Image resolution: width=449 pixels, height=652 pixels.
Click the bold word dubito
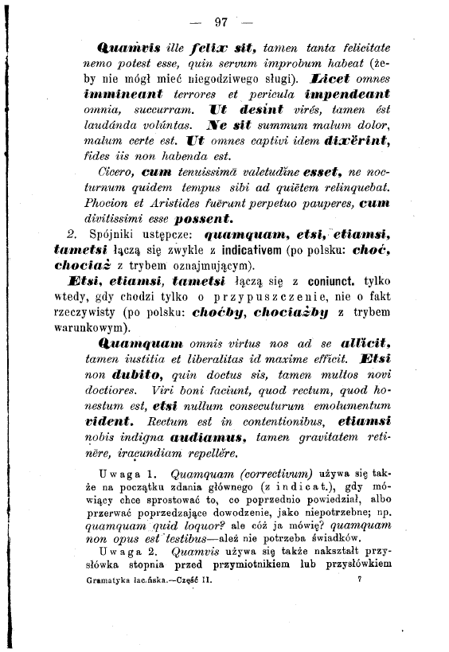pyautogui.click(x=135, y=376)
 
